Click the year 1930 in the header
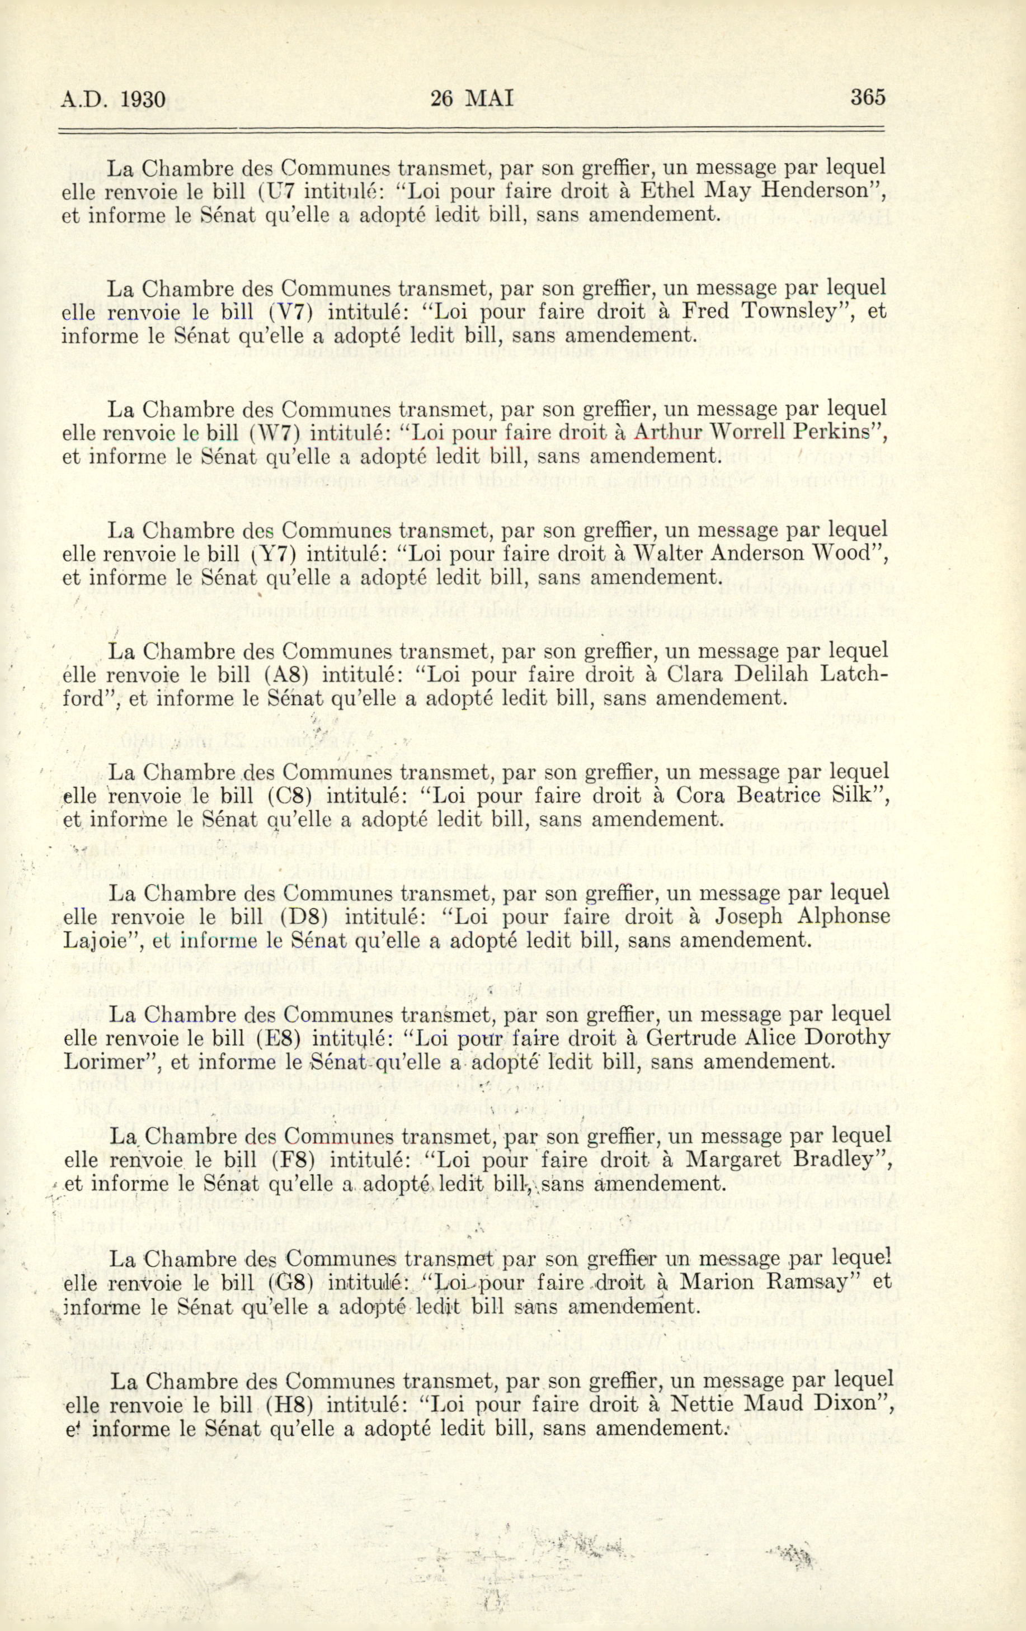pyautogui.click(x=144, y=100)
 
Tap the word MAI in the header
pyautogui.click(x=490, y=99)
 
